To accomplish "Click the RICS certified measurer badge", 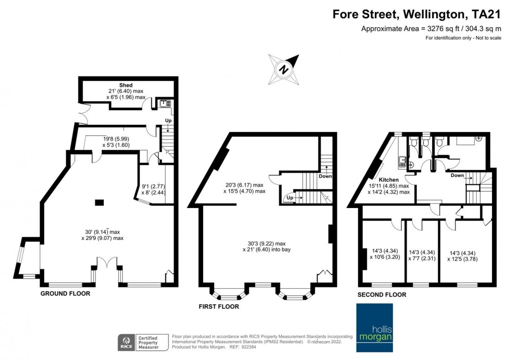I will (x=139, y=342).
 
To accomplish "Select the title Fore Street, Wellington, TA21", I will (x=417, y=14).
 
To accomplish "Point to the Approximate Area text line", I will (x=431, y=28).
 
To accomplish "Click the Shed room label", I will (x=126, y=85).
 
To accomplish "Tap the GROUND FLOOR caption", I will (x=65, y=294).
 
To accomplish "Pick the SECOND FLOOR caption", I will (x=382, y=295).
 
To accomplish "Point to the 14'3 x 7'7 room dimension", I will (x=422, y=256).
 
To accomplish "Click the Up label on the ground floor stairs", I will (x=168, y=120).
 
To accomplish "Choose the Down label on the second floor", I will (x=458, y=176).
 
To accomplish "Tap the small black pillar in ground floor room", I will (x=99, y=202).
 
